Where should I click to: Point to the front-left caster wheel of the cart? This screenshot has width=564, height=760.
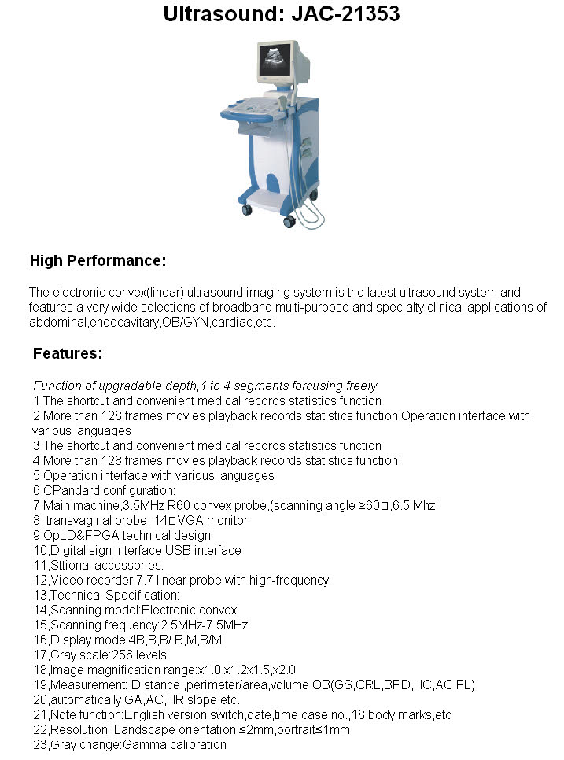[247, 210]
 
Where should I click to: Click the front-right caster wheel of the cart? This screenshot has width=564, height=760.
[289, 222]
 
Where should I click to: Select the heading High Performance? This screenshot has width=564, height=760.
[98, 260]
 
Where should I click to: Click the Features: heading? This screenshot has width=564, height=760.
[68, 353]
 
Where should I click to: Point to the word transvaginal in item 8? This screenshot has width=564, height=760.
[79, 520]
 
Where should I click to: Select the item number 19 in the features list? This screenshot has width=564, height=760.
[39, 684]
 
